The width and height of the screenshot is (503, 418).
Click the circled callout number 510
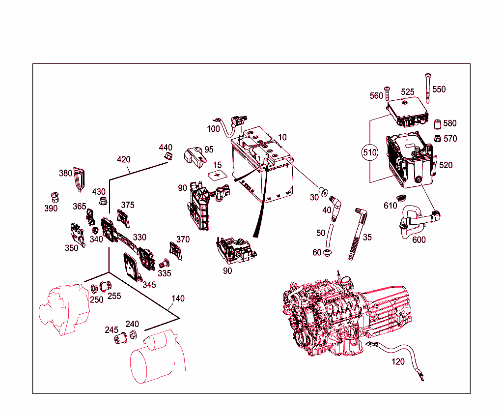[369, 152]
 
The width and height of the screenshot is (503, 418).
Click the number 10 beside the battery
[282, 137]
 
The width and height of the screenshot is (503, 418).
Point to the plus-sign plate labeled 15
[216, 175]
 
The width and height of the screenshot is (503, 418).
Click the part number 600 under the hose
[419, 239]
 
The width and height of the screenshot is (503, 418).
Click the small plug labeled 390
[55, 197]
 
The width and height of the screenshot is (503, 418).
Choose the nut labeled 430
[103, 201]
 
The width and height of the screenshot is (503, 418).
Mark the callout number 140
[178, 299]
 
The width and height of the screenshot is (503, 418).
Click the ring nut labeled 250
[95, 288]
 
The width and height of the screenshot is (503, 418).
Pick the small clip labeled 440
[168, 156]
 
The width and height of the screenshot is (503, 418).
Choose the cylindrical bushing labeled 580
[435, 123]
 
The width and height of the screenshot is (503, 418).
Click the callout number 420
[124, 159]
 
